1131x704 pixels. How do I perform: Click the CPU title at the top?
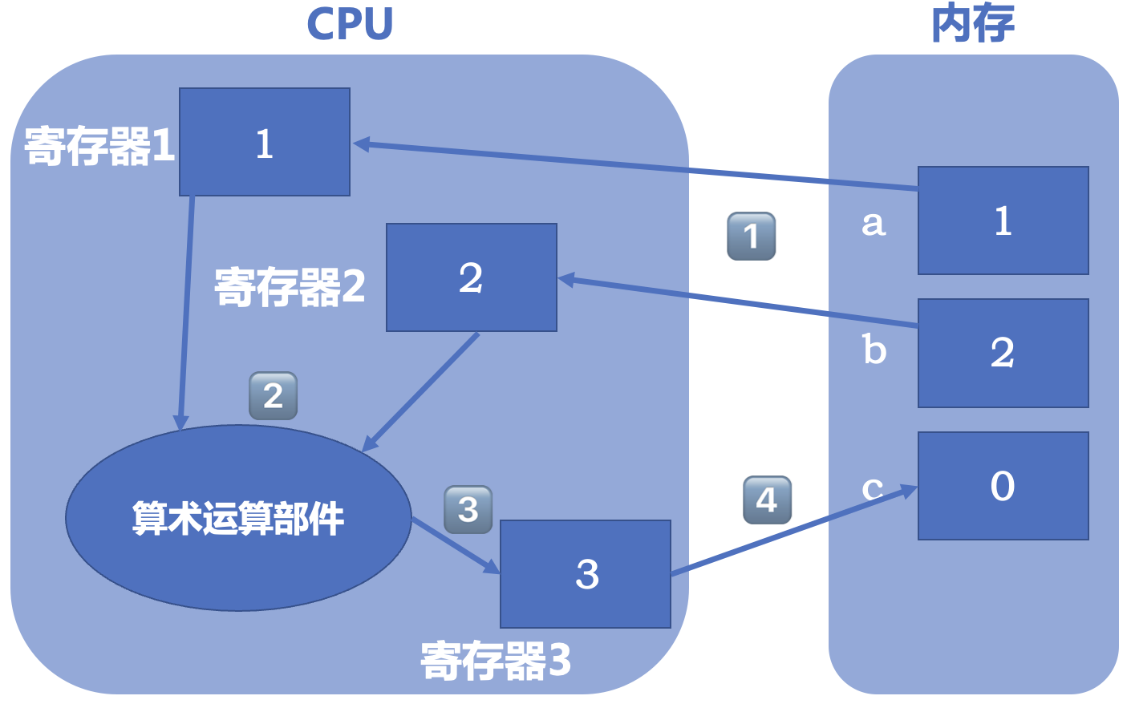tap(350, 24)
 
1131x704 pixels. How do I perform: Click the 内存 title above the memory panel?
tap(972, 24)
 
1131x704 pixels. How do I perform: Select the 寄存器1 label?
tap(99, 146)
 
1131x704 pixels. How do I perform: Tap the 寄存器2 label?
tap(290, 287)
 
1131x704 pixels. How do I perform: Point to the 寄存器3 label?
tap(496, 661)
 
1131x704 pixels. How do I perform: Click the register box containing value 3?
tap(586, 574)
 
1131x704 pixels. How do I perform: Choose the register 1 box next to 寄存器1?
tap(265, 142)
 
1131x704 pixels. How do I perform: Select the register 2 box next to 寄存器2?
tap(472, 277)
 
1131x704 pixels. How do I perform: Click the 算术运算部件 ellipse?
tap(238, 518)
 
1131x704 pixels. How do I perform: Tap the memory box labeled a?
tap(1003, 221)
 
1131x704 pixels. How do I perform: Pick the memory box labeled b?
tap(1003, 353)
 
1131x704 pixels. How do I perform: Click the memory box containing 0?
tap(1003, 486)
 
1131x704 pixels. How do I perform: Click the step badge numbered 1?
tap(751, 236)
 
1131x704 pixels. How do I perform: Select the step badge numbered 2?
tap(273, 395)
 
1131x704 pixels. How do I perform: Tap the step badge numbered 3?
tap(468, 509)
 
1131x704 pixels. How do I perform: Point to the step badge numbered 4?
tap(767, 500)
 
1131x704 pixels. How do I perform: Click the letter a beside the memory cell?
tap(874, 224)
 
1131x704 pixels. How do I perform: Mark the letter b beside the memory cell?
tap(874, 350)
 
